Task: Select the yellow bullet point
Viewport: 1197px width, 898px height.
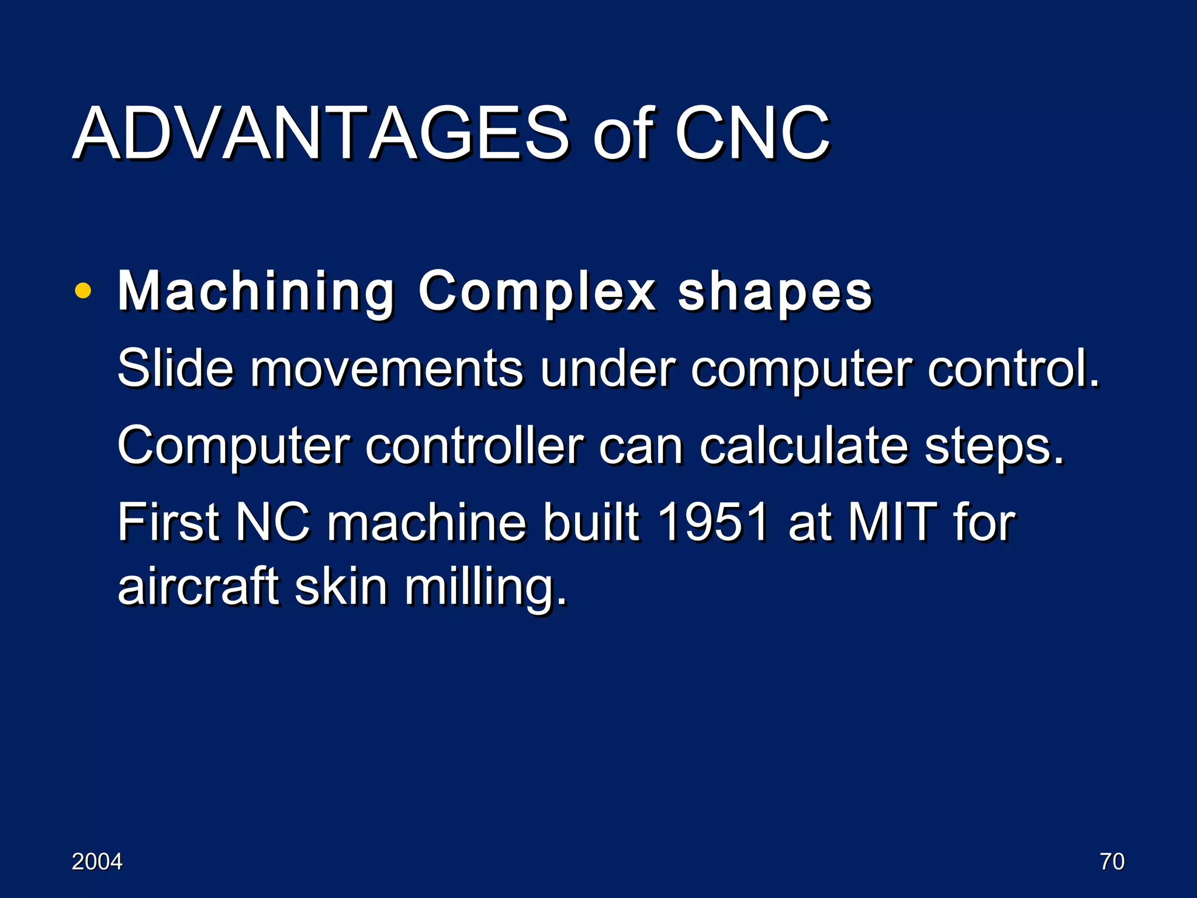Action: pyautogui.click(x=83, y=291)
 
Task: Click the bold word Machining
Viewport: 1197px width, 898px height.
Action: pyautogui.click(x=256, y=292)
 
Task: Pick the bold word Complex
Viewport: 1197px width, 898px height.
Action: pyautogui.click(x=537, y=292)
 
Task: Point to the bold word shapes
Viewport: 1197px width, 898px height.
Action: pyautogui.click(x=774, y=292)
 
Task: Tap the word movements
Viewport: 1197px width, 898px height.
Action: pyautogui.click(x=386, y=368)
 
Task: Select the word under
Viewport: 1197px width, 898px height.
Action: pyautogui.click(x=607, y=368)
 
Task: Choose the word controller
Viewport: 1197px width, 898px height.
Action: pyautogui.click(x=474, y=446)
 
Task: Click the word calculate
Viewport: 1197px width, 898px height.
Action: pyautogui.click(x=804, y=446)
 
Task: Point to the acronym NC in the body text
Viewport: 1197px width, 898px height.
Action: pyautogui.click(x=272, y=522)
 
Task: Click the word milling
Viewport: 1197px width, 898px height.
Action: pyautogui.click(x=486, y=588)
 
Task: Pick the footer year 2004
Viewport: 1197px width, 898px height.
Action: pyautogui.click(x=97, y=862)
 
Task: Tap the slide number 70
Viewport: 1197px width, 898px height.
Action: pyautogui.click(x=1112, y=862)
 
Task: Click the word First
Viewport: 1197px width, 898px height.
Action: pyautogui.click(x=168, y=522)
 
